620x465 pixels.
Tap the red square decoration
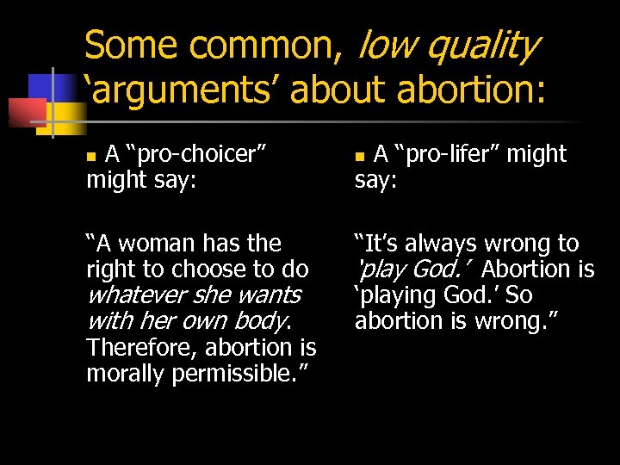[x=26, y=112]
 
